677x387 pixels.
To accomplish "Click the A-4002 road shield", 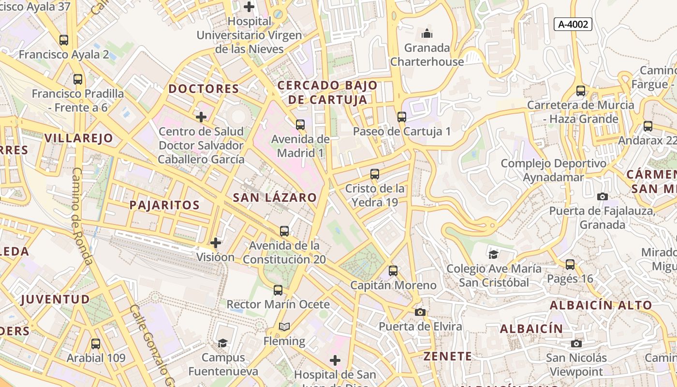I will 573,24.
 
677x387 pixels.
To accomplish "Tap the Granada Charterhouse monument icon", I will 427,33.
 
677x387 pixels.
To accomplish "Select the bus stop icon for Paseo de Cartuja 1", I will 402,117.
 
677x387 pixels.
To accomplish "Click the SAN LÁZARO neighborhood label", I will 275,197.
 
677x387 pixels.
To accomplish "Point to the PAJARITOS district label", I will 164,205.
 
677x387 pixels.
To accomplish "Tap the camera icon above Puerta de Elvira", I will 420,312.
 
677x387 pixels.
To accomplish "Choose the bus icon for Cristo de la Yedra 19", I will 375,174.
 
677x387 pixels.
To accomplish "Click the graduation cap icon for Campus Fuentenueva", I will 223,343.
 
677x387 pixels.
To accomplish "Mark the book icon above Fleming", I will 284,327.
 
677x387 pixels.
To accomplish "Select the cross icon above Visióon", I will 216,243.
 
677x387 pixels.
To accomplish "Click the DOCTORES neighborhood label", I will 204,89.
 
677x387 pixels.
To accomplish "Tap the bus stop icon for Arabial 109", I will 96,344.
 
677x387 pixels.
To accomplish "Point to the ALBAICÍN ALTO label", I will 601,305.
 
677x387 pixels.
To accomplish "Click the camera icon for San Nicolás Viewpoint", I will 576,343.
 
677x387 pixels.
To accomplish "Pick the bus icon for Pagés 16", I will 570,265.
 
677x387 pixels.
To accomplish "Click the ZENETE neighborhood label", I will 447,357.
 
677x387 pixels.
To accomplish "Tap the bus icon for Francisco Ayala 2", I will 64,40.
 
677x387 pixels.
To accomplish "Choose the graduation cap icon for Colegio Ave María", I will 493,254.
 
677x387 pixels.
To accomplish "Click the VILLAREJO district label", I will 78,138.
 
